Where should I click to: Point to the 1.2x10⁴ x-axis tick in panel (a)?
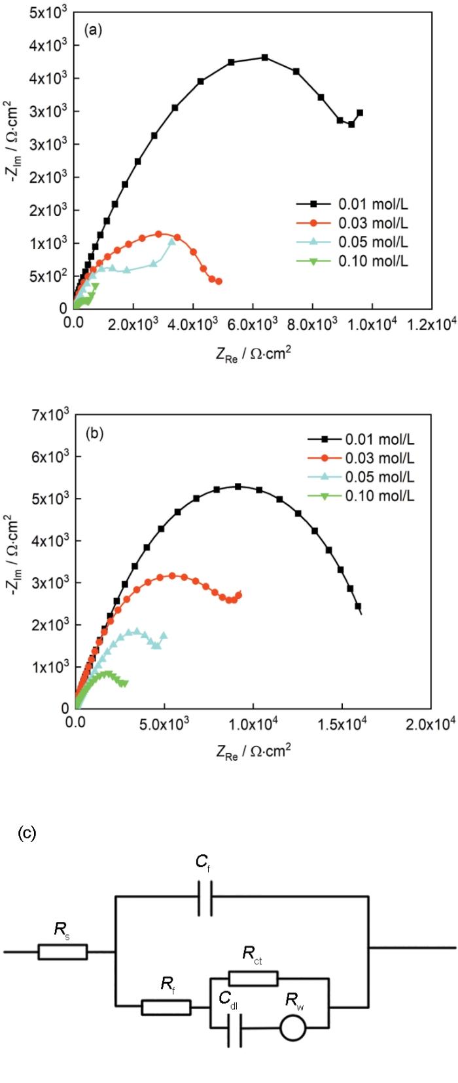point(429,322)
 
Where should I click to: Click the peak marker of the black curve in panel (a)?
point(265,58)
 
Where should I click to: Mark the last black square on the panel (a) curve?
point(359,113)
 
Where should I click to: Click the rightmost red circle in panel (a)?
point(219,281)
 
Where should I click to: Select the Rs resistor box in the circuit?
point(62,951)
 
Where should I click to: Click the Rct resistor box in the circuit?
point(253,979)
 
